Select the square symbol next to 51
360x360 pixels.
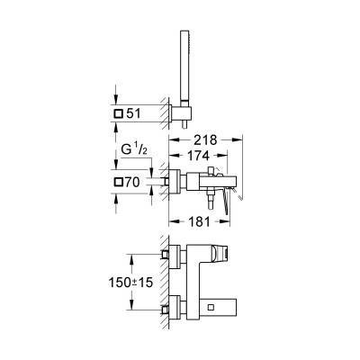point(120,115)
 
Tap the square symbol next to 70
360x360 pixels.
point(120,183)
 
